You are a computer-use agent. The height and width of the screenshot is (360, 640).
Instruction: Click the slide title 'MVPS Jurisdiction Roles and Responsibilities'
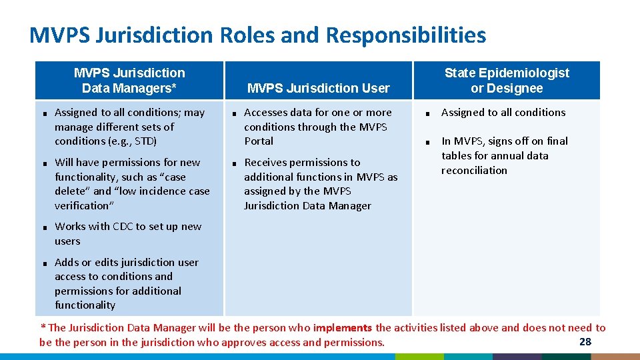[x=257, y=35]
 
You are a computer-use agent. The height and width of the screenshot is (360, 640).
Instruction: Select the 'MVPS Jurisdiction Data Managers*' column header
[x=129, y=80]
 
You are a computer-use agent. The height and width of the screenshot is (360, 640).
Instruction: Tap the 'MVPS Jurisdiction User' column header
[x=318, y=88]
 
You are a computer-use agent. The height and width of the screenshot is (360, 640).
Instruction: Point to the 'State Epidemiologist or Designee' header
[x=507, y=80]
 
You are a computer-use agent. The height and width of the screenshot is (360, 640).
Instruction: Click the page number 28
[x=585, y=342]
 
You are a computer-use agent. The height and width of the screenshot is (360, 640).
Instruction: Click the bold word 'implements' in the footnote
[x=342, y=327]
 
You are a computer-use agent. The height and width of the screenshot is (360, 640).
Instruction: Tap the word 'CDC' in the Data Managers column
[x=123, y=227]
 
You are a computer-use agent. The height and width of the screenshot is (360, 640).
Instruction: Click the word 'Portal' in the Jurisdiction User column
[x=259, y=141]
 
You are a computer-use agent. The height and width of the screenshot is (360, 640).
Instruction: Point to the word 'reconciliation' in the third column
[x=474, y=171]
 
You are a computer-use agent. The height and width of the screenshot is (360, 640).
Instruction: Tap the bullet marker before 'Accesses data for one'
[x=235, y=114]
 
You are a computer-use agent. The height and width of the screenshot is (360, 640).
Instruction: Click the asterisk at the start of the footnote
[x=43, y=327]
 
